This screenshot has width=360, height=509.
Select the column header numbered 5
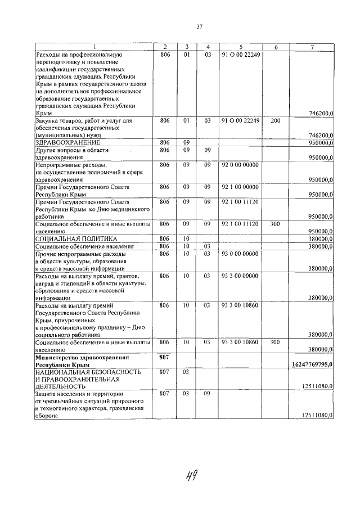(x=240, y=47)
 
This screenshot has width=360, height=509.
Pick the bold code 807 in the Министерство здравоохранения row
(x=165, y=357)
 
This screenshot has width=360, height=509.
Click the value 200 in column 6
(x=275, y=120)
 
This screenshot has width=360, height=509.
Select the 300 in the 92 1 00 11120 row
(x=275, y=223)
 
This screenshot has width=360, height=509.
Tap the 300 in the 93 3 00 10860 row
(x=275, y=342)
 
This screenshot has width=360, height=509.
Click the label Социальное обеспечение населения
(x=84, y=246)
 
